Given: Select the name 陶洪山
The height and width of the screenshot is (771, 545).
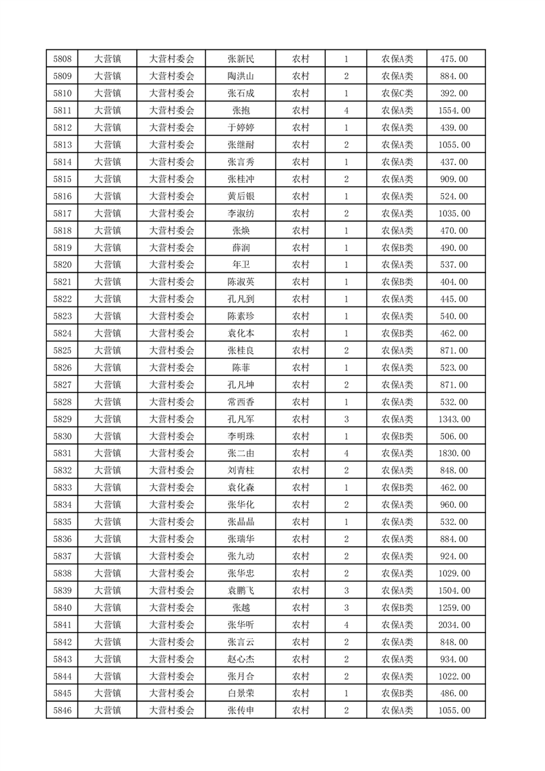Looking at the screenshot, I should tap(241, 76).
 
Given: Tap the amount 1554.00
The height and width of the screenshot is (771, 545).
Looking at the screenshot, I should tap(454, 111).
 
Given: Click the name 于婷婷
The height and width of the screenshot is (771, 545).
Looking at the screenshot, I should tap(241, 128).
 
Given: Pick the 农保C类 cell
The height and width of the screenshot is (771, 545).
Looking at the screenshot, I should tap(397, 93).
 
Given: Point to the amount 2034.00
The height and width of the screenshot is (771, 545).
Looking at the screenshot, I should tap(454, 625).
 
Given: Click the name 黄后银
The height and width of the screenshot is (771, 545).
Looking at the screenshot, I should tap(241, 197).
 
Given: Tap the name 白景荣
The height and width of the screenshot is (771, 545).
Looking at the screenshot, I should tap(241, 694).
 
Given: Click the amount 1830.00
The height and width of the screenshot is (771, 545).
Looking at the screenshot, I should tap(454, 454).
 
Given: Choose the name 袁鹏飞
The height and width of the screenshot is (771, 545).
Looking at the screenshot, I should tap(241, 591).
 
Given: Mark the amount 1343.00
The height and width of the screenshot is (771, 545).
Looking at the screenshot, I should tap(454, 419).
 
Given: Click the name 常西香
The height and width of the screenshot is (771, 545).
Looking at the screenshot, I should tap(241, 402).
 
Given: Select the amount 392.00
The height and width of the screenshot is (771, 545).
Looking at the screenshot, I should tap(454, 93).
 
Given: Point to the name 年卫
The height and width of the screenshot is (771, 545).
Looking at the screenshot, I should tap(241, 265).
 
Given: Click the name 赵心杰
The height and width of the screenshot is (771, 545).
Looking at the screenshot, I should tap(241, 660).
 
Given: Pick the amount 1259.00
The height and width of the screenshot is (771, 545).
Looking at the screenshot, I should tap(454, 608).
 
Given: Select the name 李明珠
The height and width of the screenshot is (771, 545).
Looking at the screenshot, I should tap(241, 436).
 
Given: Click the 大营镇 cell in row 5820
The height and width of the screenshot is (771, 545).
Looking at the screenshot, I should tap(107, 265).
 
